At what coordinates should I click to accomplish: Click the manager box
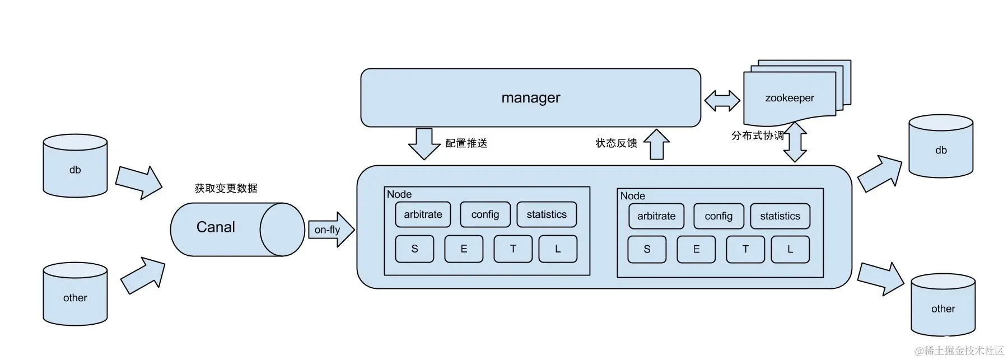(x=530, y=98)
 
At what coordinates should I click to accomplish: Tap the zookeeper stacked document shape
(x=789, y=98)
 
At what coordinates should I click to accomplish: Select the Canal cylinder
(x=224, y=228)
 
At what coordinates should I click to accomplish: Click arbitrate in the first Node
(x=423, y=214)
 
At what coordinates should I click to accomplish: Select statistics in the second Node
(x=780, y=216)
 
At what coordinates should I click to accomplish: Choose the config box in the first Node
(x=485, y=214)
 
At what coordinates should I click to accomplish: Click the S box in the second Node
(x=647, y=249)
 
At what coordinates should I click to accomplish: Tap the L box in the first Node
(x=557, y=249)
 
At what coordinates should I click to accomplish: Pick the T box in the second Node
(x=745, y=249)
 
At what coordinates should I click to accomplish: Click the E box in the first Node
(x=464, y=249)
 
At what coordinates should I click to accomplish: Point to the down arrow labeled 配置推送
(x=424, y=143)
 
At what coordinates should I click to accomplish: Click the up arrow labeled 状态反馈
(x=656, y=144)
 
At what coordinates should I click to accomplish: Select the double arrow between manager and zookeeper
(x=722, y=101)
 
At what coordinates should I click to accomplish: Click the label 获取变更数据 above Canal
(x=226, y=188)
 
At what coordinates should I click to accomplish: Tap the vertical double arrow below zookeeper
(x=795, y=142)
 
